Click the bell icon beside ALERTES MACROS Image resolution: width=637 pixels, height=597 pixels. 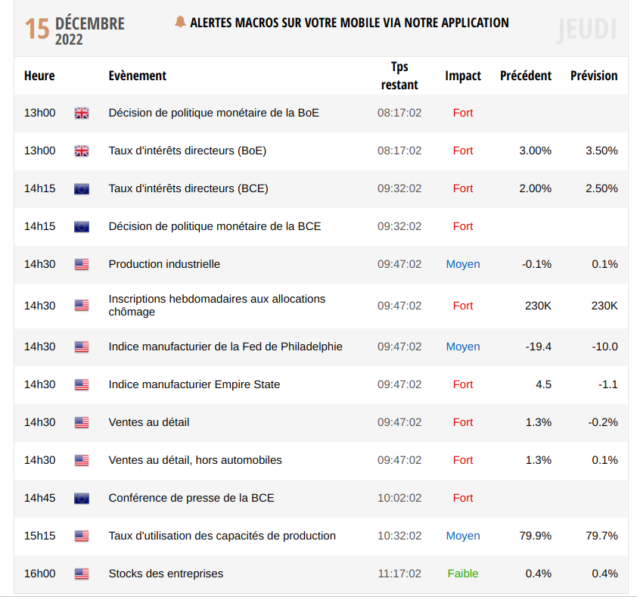pos(180,22)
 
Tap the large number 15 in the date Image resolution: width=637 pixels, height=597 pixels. pos(37,30)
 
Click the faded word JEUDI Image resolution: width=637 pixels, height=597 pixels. pos(586,30)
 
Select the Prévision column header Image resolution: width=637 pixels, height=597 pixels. pos(594,76)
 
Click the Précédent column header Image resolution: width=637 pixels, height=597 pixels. pos(526,76)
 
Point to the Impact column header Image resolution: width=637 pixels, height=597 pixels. pos(463,76)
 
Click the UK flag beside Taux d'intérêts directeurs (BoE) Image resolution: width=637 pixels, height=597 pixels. pos(82,151)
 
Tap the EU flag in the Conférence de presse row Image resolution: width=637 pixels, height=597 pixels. pos(82,498)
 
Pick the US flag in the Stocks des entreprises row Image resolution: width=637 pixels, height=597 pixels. pos(82,574)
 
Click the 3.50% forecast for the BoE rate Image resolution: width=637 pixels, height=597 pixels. pos(601,151)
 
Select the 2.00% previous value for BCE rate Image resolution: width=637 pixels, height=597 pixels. pos(535,188)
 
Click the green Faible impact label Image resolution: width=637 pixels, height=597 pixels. pos(463,574)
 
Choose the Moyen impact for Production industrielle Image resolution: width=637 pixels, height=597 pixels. pos(463,264)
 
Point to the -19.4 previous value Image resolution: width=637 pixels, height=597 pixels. pos(538,347)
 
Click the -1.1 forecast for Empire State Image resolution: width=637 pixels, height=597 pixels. pos(607,384)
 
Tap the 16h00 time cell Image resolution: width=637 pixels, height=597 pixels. pos(40,574)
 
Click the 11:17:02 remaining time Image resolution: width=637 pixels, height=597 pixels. pos(399,574)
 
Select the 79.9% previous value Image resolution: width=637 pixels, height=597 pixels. pos(535,536)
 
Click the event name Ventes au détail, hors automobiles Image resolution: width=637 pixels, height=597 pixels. pos(195,460)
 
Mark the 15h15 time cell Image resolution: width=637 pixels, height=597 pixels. pos(40,536)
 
